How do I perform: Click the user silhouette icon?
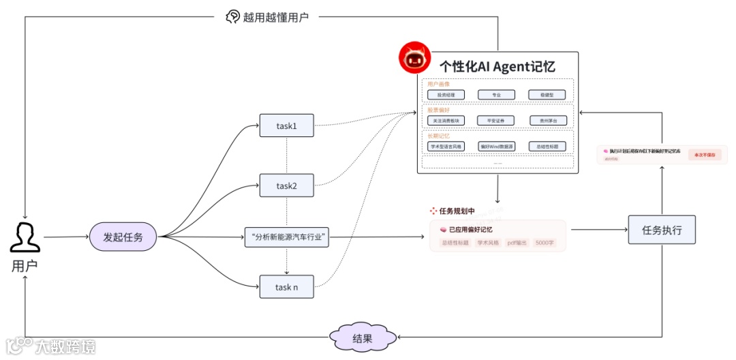25,237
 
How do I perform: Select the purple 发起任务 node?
124,237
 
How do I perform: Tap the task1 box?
286,125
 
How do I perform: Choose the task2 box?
286,185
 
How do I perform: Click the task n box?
286,287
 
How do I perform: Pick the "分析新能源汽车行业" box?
286,237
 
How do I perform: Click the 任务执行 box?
662,230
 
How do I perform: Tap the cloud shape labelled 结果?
362,337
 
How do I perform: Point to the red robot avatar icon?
414,59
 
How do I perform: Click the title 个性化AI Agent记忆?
497,67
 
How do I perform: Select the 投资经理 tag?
446,95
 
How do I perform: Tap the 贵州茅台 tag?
548,121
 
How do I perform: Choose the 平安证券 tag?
496,121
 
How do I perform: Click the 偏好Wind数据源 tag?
497,147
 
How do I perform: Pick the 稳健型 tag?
547,95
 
